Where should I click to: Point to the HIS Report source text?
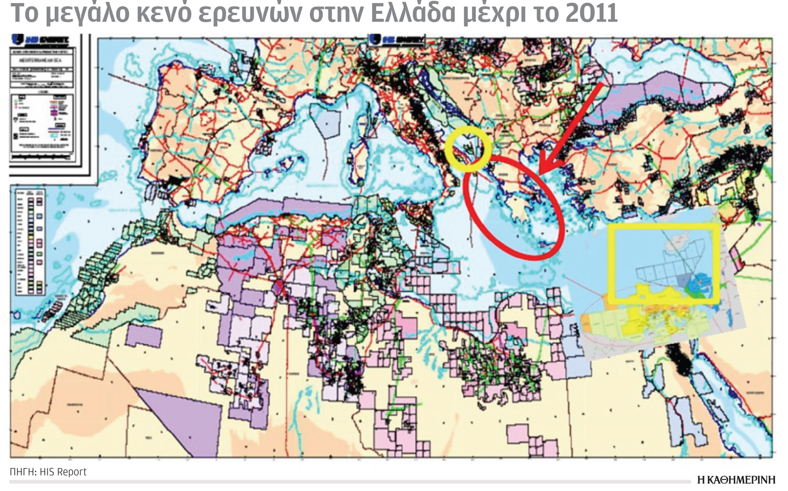pos(48,472)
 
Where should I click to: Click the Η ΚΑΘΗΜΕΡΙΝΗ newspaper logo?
pos(736,480)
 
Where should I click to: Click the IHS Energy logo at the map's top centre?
pos(397,40)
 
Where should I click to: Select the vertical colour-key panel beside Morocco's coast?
pos(29,241)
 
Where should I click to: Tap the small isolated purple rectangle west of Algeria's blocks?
pos(144,335)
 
